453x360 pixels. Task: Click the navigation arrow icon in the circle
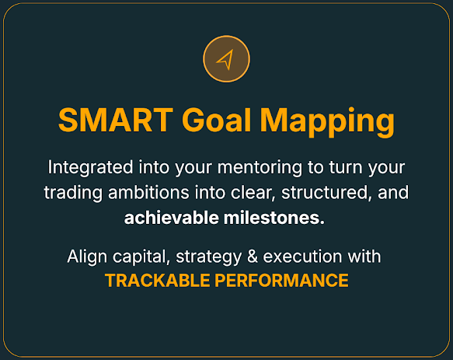[x=225, y=60]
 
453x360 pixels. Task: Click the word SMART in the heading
[x=116, y=120]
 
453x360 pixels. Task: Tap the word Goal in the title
[x=216, y=120]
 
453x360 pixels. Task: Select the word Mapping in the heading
[x=327, y=122]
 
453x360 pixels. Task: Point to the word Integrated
[x=90, y=168]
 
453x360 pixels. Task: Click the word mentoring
[x=260, y=168]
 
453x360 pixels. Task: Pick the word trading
[x=73, y=193]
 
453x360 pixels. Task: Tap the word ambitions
[x=148, y=192]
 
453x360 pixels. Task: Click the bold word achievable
[x=171, y=218]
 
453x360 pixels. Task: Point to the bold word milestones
[x=274, y=218]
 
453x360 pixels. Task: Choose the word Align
[x=87, y=257]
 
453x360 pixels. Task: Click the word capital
[x=141, y=257]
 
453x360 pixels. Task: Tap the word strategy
[x=208, y=257]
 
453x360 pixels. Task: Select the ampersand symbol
[x=253, y=256]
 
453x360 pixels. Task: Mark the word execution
[x=302, y=256]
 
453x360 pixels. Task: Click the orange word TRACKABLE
[x=158, y=281]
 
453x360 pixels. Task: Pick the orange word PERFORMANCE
[x=281, y=281]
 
